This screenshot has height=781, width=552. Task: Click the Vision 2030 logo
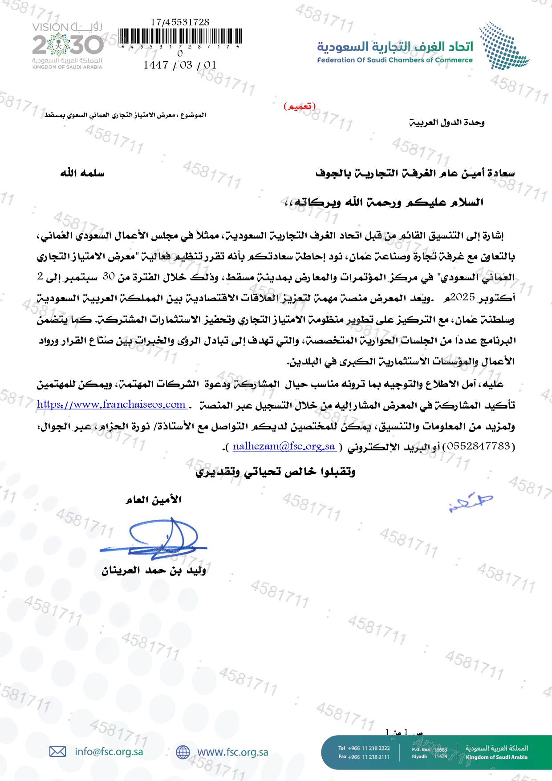(67, 46)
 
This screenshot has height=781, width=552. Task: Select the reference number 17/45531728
(180, 22)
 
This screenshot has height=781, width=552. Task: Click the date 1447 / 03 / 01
(180, 65)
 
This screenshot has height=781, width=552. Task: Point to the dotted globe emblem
(503, 46)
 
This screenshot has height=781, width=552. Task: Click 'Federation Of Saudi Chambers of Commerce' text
(395, 60)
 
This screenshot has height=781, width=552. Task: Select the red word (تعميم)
(300, 106)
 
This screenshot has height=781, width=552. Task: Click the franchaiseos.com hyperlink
(111, 405)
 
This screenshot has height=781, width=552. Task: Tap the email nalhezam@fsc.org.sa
(284, 446)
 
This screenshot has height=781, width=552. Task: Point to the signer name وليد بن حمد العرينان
(154, 571)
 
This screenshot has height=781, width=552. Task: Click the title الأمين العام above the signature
(154, 500)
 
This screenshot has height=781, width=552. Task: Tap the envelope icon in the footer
(57, 752)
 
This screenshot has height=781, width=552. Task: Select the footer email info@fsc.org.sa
(109, 752)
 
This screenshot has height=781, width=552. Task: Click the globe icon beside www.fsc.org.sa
(183, 752)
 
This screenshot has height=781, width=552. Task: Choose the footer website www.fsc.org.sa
(232, 752)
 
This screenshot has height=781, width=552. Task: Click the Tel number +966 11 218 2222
(364, 748)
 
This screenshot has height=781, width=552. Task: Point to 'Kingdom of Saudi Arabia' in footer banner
(496, 757)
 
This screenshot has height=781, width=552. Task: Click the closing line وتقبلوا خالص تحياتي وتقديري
(276, 472)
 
